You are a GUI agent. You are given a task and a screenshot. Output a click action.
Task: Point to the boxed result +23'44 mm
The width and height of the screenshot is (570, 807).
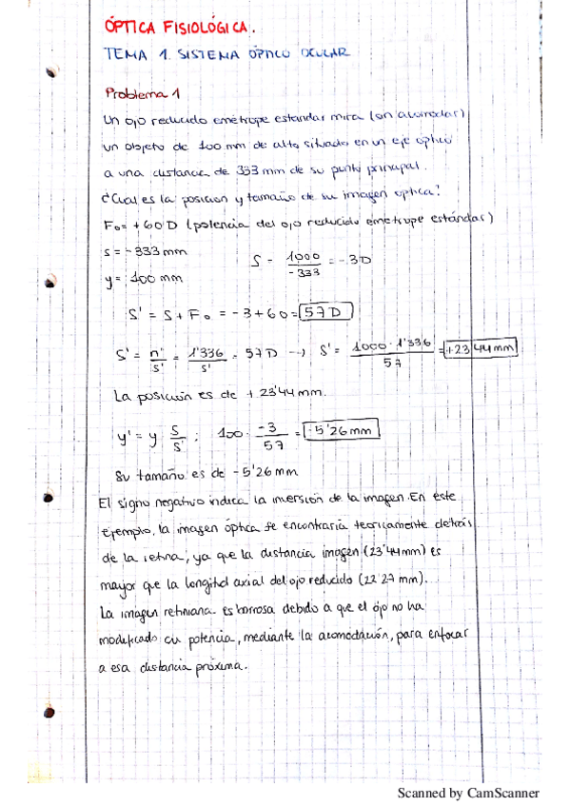click(x=481, y=348)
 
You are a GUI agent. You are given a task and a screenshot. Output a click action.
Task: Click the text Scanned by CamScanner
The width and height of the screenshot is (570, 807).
click(x=467, y=792)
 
